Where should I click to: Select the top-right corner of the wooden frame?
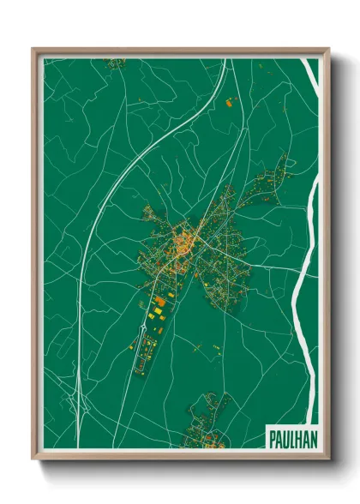click(328, 50)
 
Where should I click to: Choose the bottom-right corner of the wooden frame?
click(328, 459)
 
